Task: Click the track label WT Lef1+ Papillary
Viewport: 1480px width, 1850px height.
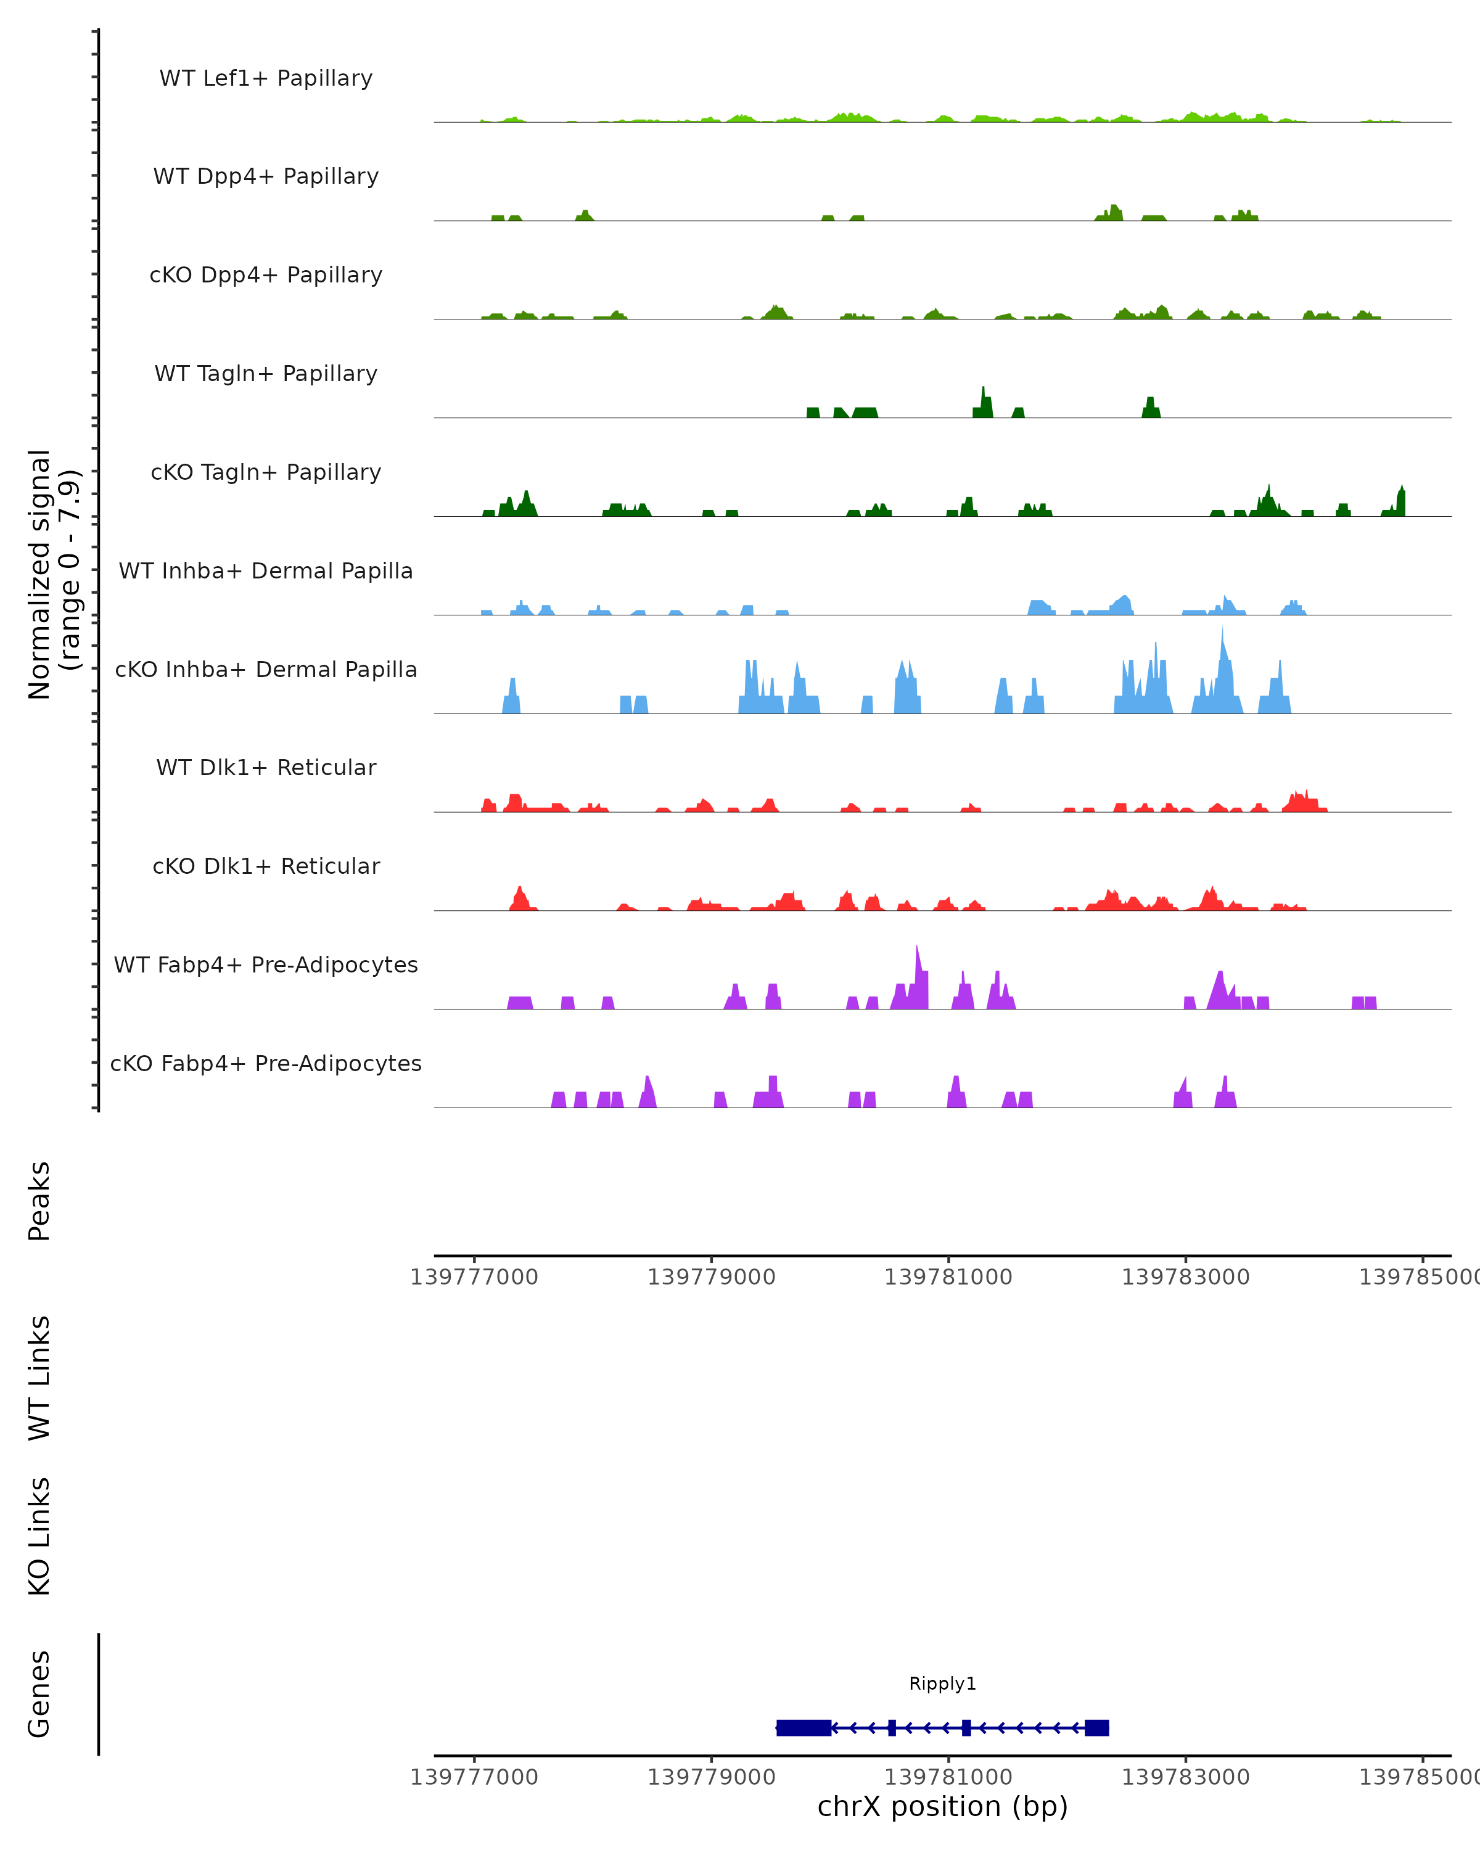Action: point(266,78)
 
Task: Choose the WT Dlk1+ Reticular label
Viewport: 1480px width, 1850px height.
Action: point(266,767)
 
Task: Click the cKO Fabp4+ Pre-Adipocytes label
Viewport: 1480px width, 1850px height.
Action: point(266,1063)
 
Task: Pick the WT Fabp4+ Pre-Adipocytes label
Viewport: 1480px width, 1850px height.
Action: point(266,964)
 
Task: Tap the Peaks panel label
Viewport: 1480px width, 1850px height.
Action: point(39,1201)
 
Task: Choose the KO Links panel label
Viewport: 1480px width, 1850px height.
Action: point(39,1536)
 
